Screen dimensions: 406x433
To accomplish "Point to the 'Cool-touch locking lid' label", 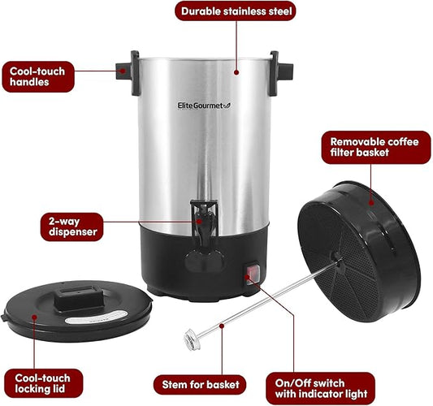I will coord(41,384).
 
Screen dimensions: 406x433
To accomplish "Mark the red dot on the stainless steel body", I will coord(237,71).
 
